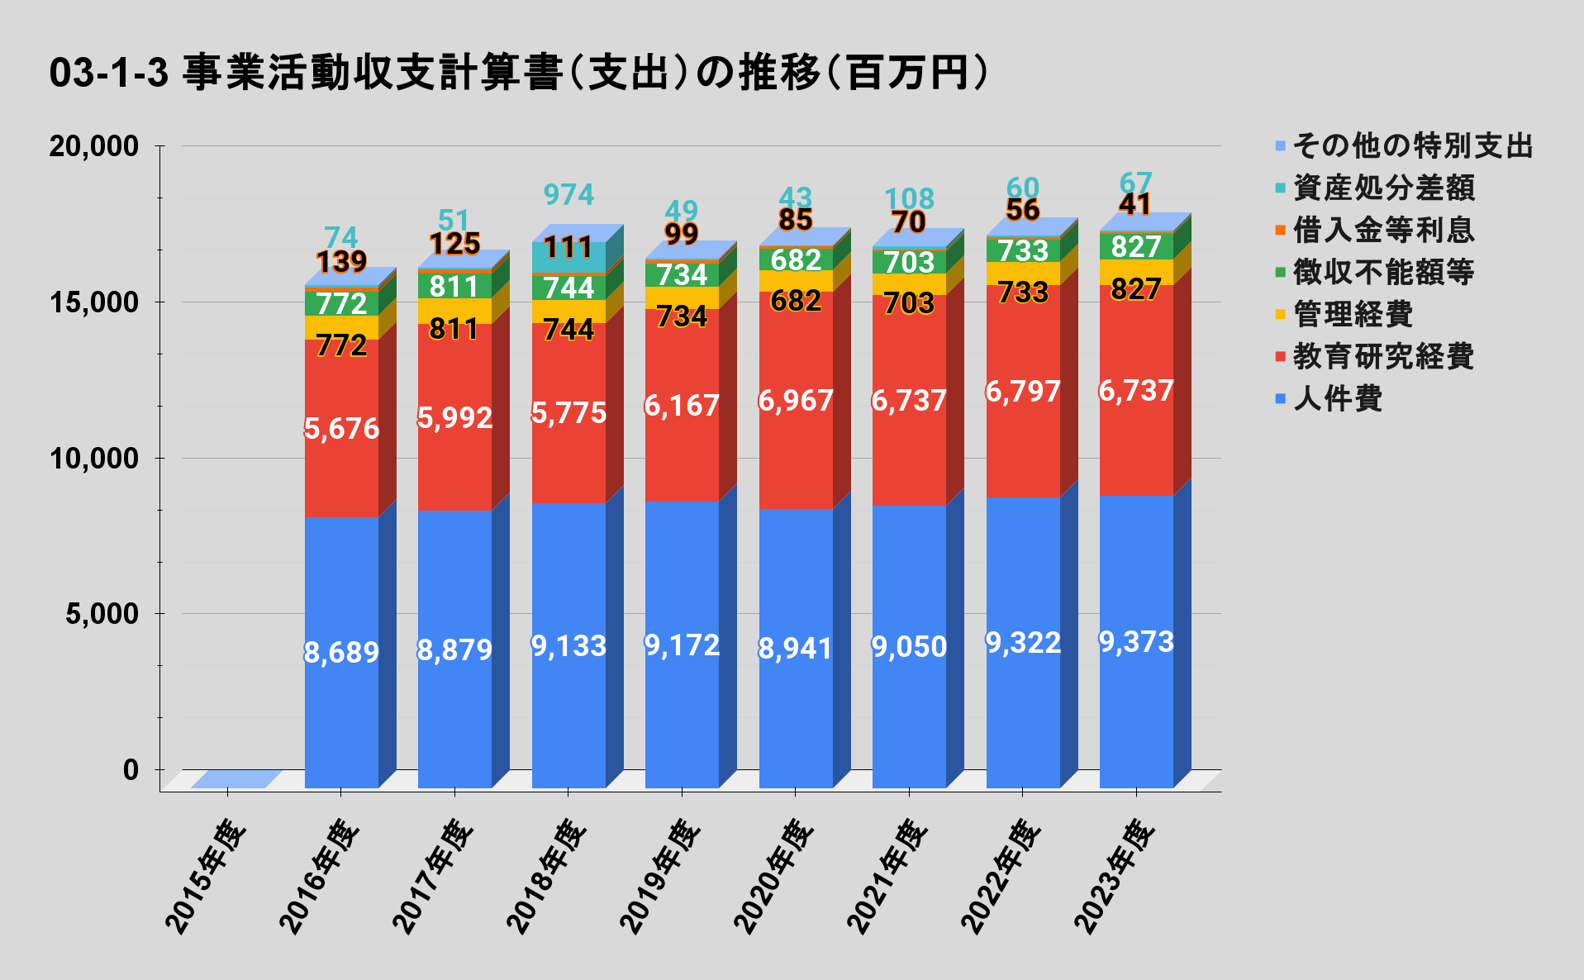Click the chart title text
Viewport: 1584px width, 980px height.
519,73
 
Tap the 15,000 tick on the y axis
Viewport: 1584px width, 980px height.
93,302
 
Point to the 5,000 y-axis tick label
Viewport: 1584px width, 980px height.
102,614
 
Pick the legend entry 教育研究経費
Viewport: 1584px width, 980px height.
1382,357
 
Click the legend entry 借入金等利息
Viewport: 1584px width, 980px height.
1382,230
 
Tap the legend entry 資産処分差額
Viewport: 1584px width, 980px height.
1382,188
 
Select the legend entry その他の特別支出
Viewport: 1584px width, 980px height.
1412,145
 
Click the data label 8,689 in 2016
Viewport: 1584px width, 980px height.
341,653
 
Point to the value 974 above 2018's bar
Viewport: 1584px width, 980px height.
568,195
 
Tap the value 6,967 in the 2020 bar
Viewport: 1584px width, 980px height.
796,401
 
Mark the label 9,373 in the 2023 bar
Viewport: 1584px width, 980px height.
1136,642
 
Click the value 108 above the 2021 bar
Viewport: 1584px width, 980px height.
909,198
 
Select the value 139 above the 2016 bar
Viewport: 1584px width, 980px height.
341,261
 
